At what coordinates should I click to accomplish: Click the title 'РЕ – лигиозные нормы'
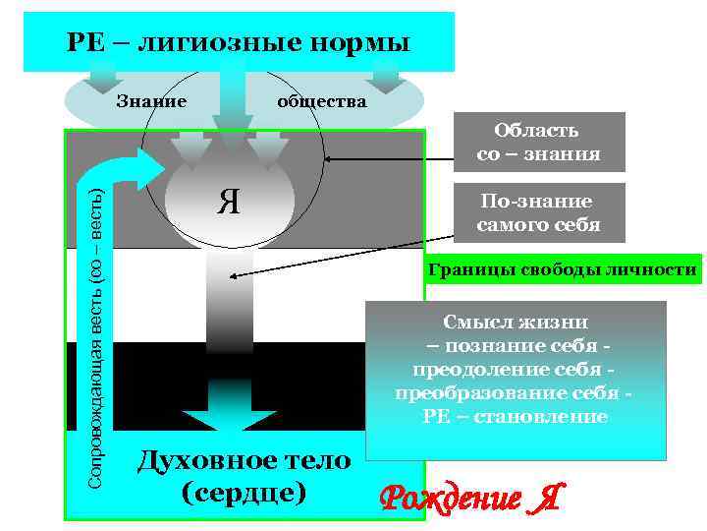[x=239, y=44]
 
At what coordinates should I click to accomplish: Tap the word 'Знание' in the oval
[x=151, y=100]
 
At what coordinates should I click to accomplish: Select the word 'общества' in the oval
[x=322, y=101]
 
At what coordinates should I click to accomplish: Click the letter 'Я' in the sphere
[x=229, y=203]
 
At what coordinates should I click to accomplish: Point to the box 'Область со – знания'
[x=538, y=143]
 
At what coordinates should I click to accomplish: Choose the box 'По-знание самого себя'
[x=538, y=213]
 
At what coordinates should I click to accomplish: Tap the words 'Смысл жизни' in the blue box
[x=515, y=323]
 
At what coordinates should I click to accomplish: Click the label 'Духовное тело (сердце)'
[x=244, y=475]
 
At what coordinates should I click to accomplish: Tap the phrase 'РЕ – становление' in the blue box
[x=515, y=417]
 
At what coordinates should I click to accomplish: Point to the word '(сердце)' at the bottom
[x=244, y=492]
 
